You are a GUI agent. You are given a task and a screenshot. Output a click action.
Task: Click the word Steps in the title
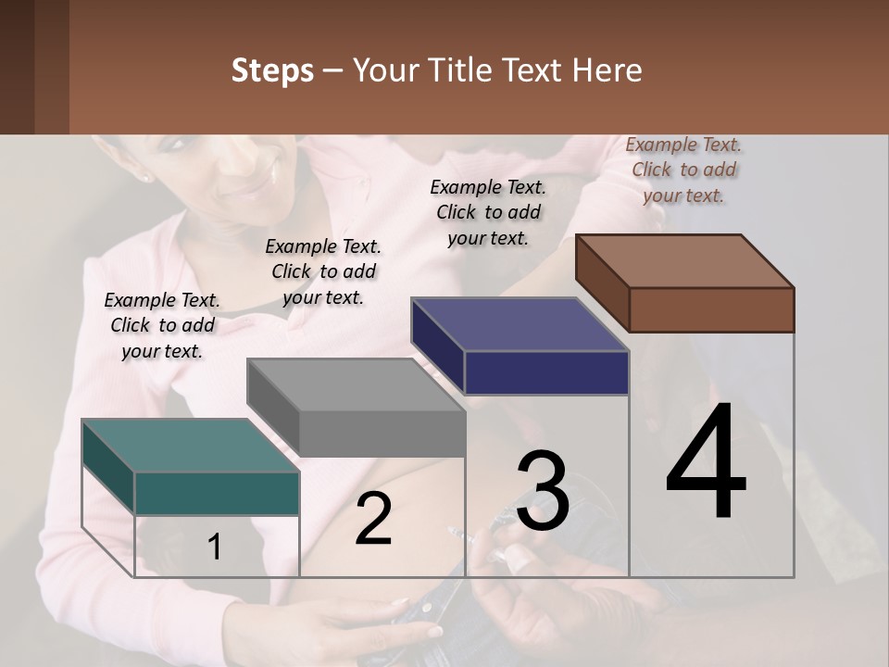tap(272, 70)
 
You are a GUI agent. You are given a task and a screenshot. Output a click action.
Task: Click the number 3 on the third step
tap(543, 491)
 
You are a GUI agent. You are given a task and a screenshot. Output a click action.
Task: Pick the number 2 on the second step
tap(373, 518)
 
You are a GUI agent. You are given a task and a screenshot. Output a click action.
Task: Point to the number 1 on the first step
tap(215, 547)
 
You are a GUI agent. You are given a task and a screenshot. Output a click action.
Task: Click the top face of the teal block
tap(190, 446)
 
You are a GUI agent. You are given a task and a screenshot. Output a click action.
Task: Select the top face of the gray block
tap(356, 384)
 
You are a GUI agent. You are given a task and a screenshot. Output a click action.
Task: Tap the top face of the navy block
tap(520, 324)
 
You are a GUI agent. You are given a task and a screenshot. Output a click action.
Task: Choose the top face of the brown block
tap(684, 261)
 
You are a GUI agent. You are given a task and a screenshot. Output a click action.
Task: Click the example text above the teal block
tap(162, 325)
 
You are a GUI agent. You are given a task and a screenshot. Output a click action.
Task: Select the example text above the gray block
tap(323, 271)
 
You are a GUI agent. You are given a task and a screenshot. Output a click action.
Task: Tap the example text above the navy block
tap(488, 212)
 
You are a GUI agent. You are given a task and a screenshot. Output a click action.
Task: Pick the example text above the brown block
tap(683, 170)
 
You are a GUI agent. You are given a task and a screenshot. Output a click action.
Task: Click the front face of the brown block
tap(711, 309)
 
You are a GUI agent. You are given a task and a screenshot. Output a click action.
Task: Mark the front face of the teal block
tap(217, 493)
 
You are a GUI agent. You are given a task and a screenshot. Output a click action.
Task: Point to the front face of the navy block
tap(546, 372)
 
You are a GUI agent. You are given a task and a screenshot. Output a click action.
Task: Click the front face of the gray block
tap(382, 433)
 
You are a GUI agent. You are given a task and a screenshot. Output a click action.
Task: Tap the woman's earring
tap(145, 177)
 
